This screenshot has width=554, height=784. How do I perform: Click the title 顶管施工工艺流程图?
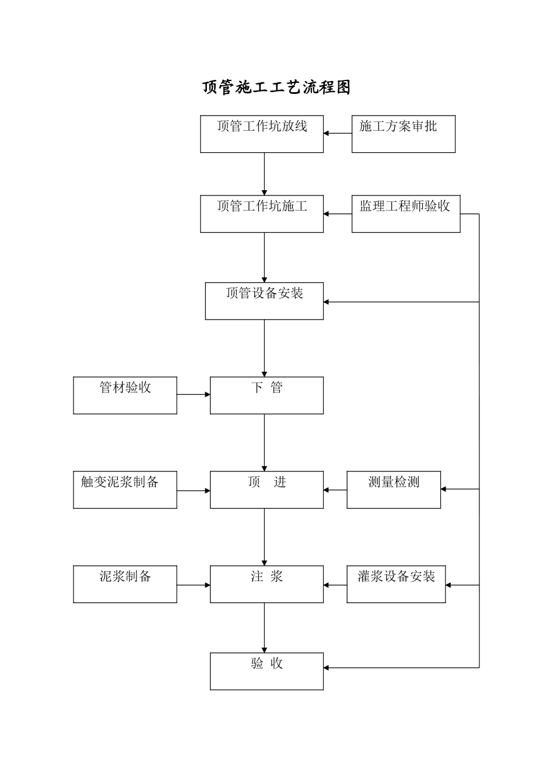(276, 87)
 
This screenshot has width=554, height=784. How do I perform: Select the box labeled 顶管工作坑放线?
(262, 134)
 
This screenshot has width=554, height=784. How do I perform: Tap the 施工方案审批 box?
(403, 134)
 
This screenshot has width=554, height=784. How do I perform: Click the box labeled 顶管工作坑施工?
(262, 214)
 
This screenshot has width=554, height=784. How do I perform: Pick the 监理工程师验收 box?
(406, 214)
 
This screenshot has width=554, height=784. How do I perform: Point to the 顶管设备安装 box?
(264, 301)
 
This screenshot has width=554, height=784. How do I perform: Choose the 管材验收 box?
(125, 395)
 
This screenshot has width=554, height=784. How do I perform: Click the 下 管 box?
(267, 395)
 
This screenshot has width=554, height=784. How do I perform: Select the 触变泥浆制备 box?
(125, 490)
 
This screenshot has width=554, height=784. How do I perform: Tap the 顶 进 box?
(267, 490)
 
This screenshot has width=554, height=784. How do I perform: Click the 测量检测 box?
(394, 490)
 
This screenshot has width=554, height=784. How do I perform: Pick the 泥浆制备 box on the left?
(125, 584)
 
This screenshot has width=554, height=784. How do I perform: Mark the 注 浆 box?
(267, 584)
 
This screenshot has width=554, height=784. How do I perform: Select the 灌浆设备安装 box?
(396, 584)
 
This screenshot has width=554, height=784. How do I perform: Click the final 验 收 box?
(267, 671)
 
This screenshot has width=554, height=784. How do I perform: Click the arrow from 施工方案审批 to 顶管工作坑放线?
(338, 134)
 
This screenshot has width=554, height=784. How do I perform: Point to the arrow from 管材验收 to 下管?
(194, 395)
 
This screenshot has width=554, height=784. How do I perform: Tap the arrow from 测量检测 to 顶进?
(335, 491)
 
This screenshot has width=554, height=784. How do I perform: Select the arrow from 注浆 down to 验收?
(264, 628)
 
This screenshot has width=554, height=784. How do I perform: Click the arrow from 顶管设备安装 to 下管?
(264, 348)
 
